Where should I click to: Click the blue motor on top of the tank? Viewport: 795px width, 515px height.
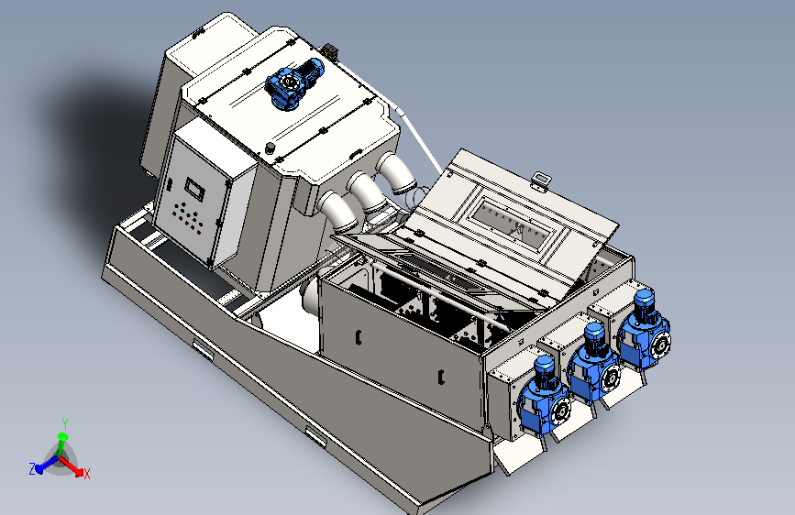click(294, 83)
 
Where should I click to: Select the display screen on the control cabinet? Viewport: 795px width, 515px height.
click(194, 189)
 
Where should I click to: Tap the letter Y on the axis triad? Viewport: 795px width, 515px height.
click(65, 423)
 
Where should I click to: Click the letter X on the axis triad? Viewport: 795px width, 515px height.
click(87, 475)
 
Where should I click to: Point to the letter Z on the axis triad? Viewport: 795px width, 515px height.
click(32, 469)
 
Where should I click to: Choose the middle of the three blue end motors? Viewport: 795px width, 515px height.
click(593, 364)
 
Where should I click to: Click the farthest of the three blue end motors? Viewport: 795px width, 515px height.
click(644, 331)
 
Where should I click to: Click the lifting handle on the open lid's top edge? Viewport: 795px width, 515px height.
click(542, 180)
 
